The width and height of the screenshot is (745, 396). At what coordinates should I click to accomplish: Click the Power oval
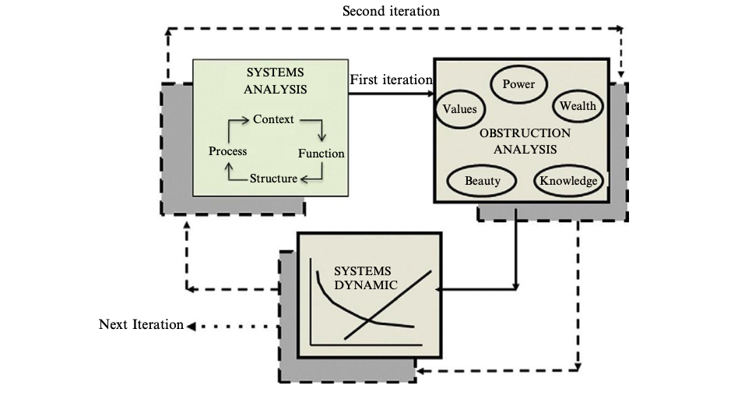(518, 84)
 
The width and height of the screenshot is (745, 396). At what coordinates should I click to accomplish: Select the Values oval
(459, 109)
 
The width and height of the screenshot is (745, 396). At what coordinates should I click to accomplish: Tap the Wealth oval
(578, 106)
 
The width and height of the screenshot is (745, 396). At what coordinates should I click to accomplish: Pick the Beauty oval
(482, 181)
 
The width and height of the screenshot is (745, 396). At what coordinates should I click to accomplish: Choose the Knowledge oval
(568, 181)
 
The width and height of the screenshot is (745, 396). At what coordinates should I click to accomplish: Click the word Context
(273, 119)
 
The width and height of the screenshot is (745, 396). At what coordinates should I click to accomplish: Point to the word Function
(322, 154)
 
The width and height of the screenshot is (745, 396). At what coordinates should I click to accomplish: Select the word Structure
(274, 179)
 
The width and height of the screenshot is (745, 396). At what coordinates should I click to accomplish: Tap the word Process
(227, 151)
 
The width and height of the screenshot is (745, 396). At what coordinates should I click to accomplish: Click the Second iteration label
(391, 11)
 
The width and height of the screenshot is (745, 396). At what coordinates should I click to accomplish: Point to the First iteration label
(391, 80)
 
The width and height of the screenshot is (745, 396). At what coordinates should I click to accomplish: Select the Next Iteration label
(141, 324)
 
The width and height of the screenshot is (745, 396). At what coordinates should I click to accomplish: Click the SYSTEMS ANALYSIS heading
(275, 81)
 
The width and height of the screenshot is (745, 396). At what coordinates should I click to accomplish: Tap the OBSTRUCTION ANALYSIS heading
(525, 141)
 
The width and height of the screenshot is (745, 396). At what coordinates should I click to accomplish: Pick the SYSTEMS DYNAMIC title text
(365, 278)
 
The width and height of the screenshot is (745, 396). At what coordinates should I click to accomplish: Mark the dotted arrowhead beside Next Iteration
(191, 327)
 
